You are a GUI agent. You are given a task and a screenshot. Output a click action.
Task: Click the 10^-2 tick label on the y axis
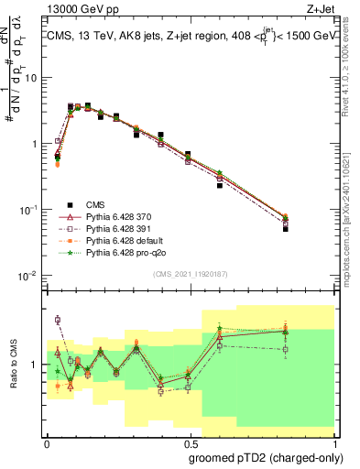pyautogui.click(x=30, y=276)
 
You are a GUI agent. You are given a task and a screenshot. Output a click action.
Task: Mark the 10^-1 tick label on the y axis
pyautogui.click(x=30, y=210)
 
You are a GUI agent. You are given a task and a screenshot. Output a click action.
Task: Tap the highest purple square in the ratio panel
pyautogui.click(x=58, y=320)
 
